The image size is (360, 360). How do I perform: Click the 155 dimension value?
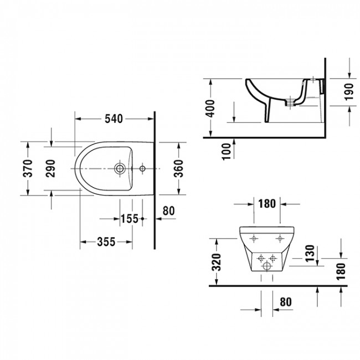[129, 219]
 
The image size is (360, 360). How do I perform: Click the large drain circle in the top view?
[119, 168]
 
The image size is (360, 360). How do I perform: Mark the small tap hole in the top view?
[142, 168]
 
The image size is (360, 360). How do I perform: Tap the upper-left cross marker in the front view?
[254, 239]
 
